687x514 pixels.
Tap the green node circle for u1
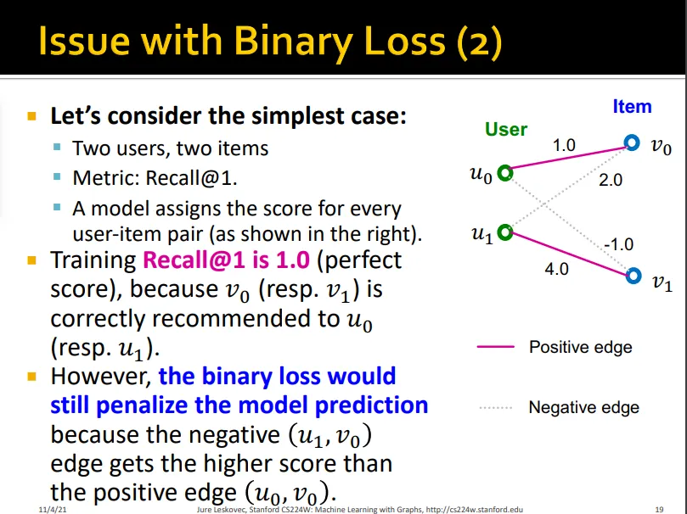505,226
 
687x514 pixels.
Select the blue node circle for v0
631,137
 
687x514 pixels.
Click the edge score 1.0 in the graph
564,145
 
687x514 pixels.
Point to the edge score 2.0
611,179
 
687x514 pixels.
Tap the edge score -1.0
619,244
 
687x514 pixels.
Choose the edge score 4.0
556,269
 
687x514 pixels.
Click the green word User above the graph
506,129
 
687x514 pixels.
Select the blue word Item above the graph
633,106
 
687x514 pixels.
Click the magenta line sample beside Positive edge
496,346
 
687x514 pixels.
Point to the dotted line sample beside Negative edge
496,408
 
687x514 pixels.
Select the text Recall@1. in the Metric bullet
191,177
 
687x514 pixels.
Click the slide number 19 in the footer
659,509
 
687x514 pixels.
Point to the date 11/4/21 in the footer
53,509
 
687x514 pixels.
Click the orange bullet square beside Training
31,260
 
